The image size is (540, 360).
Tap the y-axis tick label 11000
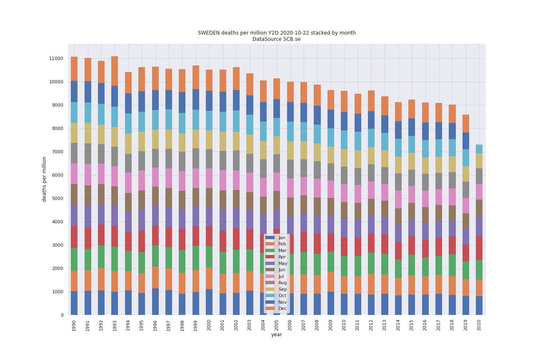click(57, 58)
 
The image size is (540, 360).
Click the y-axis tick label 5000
click(58, 198)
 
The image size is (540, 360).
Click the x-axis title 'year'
click(277, 335)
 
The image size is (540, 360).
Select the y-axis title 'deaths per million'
click(45, 179)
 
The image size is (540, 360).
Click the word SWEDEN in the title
click(208, 33)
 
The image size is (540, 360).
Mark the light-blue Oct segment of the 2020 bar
click(479, 149)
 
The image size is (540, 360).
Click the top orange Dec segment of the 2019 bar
click(466, 123)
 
